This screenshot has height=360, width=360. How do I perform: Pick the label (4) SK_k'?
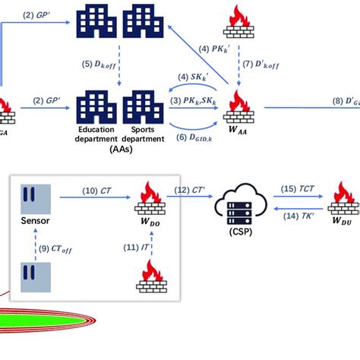[193, 77]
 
